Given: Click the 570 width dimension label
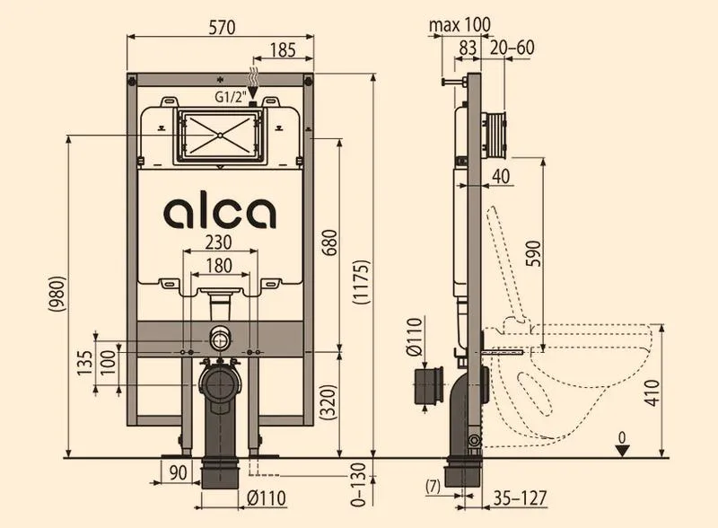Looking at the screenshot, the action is coord(222,27).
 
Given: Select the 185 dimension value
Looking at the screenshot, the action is coord(283,50).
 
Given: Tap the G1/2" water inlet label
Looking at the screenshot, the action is coord(231,97).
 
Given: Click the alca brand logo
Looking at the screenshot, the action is coord(220,212).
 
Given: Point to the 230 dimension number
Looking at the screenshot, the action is coord(218,242).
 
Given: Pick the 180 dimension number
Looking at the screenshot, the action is coord(219,266).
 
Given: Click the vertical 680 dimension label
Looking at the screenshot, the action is coord(329,243).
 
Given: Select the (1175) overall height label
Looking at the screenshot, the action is coord(362,282).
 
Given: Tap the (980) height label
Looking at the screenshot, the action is coord(57,295).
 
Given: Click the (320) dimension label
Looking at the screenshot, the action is coord(329,402).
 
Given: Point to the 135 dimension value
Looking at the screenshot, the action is coord(85,363).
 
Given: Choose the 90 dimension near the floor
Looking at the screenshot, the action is coord(179,472).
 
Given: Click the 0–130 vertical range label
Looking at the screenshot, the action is coord(361,485).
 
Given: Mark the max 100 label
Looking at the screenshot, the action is coord(460,25).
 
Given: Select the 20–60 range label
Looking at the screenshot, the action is coord(512,48).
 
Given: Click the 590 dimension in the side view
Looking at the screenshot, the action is coord(533,253).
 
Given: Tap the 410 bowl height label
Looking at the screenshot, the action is coord(652,393).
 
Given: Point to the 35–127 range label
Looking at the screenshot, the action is coord(521,498).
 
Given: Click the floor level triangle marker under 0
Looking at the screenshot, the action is coord(621,451).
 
